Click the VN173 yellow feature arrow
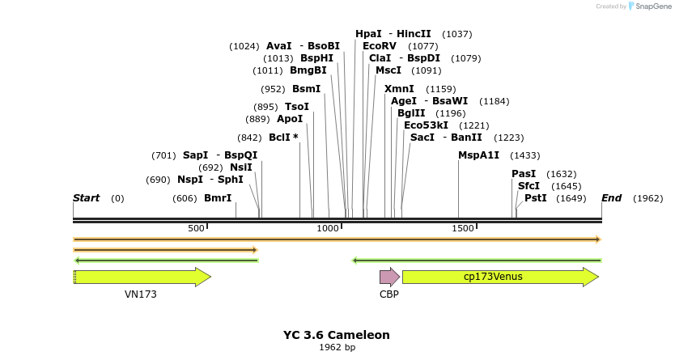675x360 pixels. [x=142, y=277]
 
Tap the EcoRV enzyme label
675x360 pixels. [x=379, y=46]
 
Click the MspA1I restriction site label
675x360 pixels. [x=478, y=155]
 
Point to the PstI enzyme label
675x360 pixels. [x=535, y=198]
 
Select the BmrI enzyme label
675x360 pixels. [x=218, y=198]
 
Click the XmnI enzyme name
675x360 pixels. [x=399, y=89]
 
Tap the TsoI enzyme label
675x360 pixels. [x=297, y=107]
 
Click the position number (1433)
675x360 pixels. [x=524, y=155]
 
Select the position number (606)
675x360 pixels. [x=185, y=198]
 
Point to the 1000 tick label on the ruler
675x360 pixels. [x=328, y=229]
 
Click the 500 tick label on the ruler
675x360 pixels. [x=196, y=229]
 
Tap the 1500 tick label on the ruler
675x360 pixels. [x=462, y=229]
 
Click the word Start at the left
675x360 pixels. [x=86, y=198]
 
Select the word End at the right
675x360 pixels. [x=611, y=198]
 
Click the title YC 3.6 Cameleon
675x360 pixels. [x=336, y=335]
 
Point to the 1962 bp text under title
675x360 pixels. [x=337, y=348]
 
